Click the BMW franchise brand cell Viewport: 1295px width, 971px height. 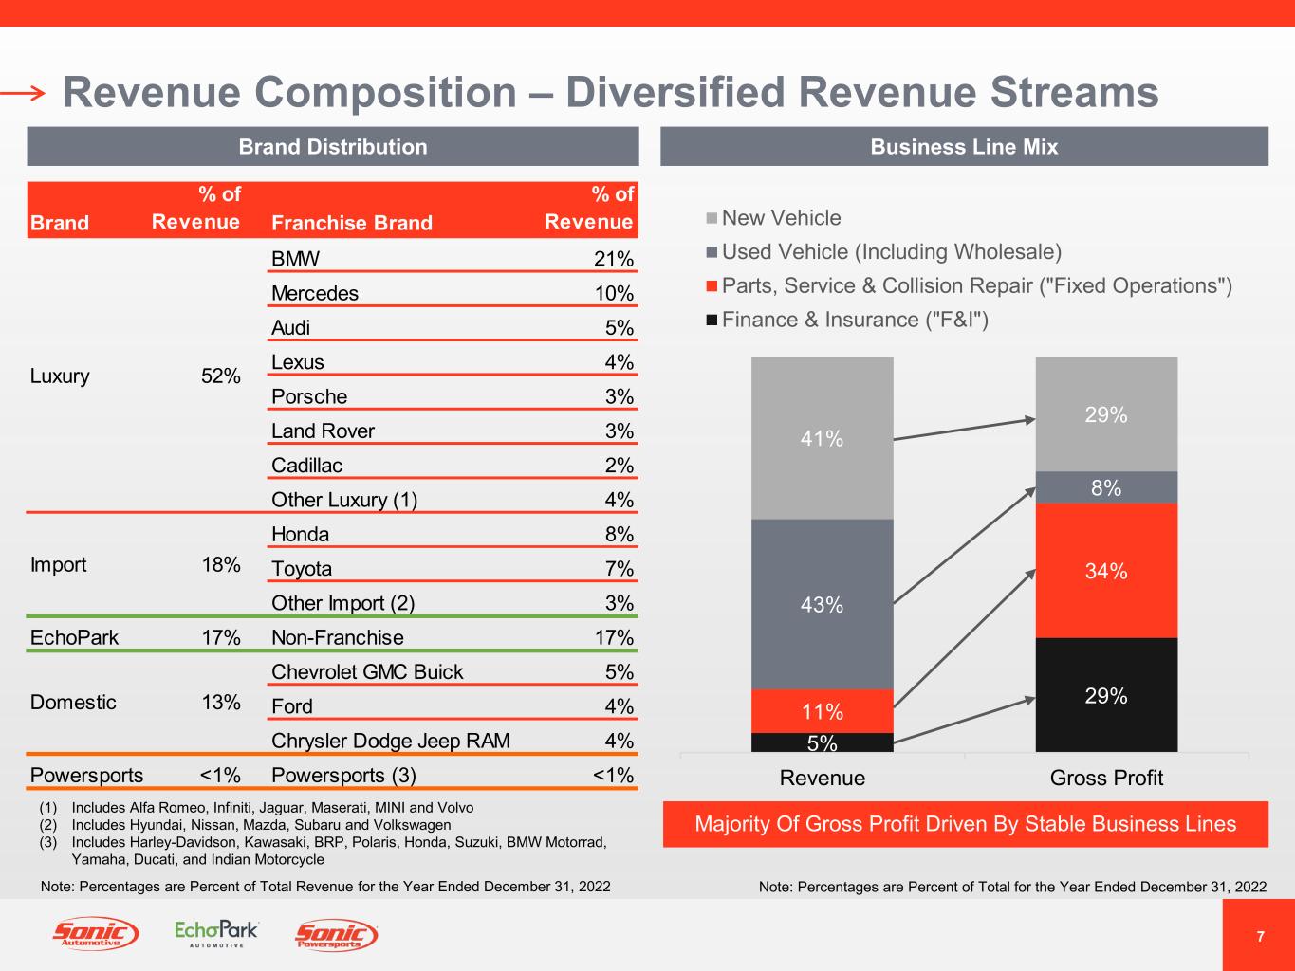click(x=296, y=259)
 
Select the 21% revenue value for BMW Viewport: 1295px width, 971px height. click(x=614, y=259)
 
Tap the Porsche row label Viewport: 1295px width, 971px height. click(x=309, y=396)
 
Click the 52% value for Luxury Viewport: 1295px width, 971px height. click(x=221, y=376)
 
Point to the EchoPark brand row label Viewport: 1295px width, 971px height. click(x=74, y=637)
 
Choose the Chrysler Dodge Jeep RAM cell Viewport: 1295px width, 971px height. click(x=391, y=741)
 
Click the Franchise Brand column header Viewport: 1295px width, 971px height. click(x=351, y=223)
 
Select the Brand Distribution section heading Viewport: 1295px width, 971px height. click(x=333, y=147)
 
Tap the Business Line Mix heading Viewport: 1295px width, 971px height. click(x=964, y=147)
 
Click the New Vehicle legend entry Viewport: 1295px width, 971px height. click(x=781, y=218)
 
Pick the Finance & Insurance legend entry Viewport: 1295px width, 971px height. click(x=854, y=320)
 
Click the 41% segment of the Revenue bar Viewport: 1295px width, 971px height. click(x=822, y=438)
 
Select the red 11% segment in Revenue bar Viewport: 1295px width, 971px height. click(x=822, y=711)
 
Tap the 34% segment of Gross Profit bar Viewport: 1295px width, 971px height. click(x=1106, y=571)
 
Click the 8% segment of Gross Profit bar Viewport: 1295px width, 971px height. click(x=1106, y=487)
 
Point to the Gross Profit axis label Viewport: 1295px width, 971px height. click(x=1106, y=779)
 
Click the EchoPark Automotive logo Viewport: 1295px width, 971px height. click(x=216, y=933)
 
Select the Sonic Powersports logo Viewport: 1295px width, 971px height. click(x=337, y=935)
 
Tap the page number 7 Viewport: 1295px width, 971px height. click(x=1260, y=937)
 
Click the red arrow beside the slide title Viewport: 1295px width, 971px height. click(x=23, y=93)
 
